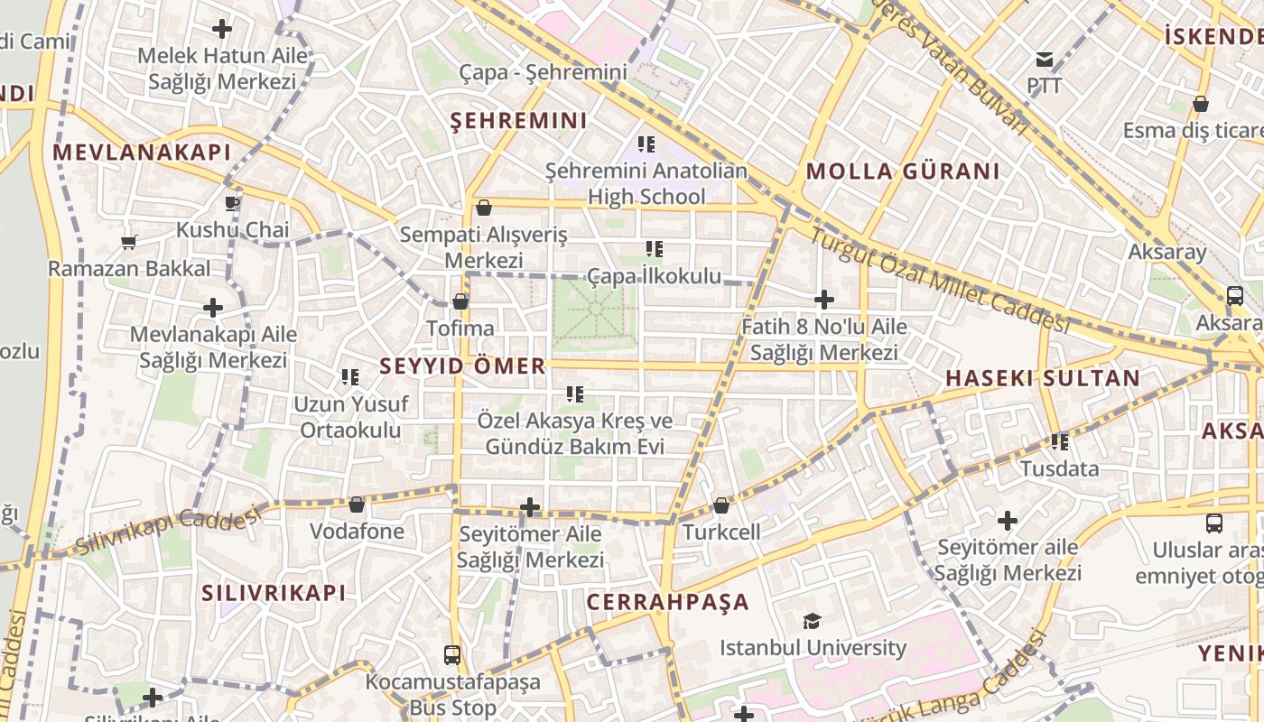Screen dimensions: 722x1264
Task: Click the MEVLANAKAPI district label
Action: pyautogui.click(x=142, y=153)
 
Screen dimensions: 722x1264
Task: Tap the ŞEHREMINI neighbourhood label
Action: pyautogui.click(x=518, y=121)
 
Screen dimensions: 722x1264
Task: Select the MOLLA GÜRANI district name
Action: pyautogui.click(x=903, y=171)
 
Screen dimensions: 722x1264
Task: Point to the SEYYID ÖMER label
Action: pyautogui.click(x=462, y=366)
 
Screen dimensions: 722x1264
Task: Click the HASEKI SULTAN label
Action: pyautogui.click(x=1043, y=378)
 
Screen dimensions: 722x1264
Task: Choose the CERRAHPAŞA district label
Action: pyautogui.click(x=668, y=602)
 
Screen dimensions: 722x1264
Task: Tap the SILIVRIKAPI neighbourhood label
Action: pyautogui.click(x=274, y=593)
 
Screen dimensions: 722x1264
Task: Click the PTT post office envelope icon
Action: pyautogui.click(x=1045, y=60)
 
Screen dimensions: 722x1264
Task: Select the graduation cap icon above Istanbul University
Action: pyautogui.click(x=812, y=621)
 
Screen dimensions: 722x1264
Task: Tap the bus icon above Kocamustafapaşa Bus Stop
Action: pyautogui.click(x=452, y=654)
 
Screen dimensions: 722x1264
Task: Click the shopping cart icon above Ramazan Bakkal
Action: pyautogui.click(x=128, y=242)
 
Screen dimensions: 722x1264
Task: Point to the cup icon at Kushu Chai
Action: pyautogui.click(x=231, y=203)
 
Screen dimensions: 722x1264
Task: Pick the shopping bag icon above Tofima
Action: pyautogui.click(x=460, y=301)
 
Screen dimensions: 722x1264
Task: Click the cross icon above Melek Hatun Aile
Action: pyautogui.click(x=222, y=29)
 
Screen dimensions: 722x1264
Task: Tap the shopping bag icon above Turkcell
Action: pyautogui.click(x=721, y=505)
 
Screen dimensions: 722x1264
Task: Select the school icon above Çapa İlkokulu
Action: pyautogui.click(x=655, y=249)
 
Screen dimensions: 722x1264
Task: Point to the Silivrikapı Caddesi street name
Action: pyautogui.click(x=167, y=532)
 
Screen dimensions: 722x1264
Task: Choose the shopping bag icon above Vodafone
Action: pyautogui.click(x=357, y=504)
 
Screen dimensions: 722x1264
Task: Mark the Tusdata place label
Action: pyautogui.click(x=1059, y=468)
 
